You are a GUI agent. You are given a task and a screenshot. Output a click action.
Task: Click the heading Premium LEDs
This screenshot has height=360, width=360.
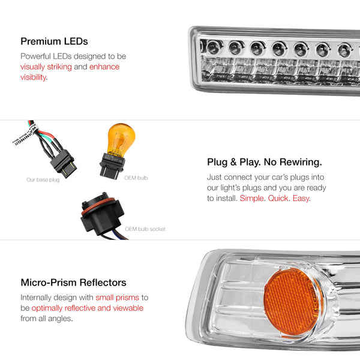54,41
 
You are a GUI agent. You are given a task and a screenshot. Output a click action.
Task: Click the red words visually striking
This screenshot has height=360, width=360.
46,67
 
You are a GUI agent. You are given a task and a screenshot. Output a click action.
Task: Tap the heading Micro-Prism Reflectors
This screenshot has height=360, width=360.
73,283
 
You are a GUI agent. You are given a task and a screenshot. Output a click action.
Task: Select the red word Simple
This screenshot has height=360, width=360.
251,198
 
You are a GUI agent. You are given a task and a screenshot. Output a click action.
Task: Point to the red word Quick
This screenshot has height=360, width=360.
278,198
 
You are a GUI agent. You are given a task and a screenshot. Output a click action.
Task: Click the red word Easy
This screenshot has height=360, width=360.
301,198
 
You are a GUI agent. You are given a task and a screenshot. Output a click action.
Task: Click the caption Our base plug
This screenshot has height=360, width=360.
43,180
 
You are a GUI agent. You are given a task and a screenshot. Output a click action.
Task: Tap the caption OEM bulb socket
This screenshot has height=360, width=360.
145,229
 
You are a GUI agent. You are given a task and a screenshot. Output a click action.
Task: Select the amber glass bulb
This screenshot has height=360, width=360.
121,139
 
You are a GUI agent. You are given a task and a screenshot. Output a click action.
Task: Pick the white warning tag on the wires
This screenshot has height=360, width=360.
25,135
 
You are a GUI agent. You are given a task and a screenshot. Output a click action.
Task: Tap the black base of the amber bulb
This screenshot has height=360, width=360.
112,166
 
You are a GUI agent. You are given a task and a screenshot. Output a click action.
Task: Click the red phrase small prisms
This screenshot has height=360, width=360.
117,298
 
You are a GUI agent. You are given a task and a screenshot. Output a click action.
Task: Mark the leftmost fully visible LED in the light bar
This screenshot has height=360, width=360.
214,47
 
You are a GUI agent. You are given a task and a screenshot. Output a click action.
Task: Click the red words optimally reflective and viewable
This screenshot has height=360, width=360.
88,308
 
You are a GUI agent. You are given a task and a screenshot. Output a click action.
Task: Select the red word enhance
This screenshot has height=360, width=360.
104,67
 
